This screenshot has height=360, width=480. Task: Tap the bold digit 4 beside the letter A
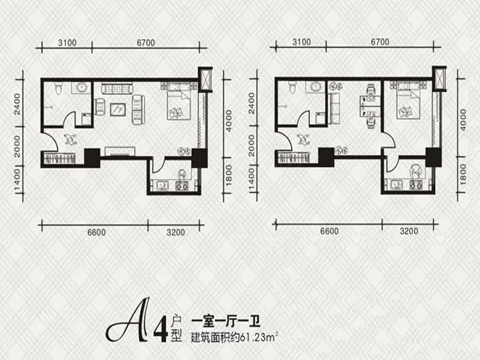coord(161,329)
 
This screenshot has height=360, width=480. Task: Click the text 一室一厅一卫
coord(226,322)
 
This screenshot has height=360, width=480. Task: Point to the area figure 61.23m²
coord(259,338)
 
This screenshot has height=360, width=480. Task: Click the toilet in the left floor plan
coord(57,88)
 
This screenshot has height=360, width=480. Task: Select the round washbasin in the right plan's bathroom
coord(316,86)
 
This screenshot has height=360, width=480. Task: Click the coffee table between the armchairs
coord(118,110)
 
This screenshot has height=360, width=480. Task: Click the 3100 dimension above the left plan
coord(67,43)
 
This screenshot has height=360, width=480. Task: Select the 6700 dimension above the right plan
coord(380,41)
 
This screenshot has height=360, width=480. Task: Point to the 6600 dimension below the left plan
coord(97,232)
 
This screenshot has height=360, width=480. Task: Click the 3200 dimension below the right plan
coord(409,231)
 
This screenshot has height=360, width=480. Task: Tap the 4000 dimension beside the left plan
coord(229,121)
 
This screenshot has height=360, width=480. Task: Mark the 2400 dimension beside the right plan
coord(251,103)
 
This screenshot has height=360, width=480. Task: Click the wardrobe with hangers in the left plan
coord(59,158)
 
